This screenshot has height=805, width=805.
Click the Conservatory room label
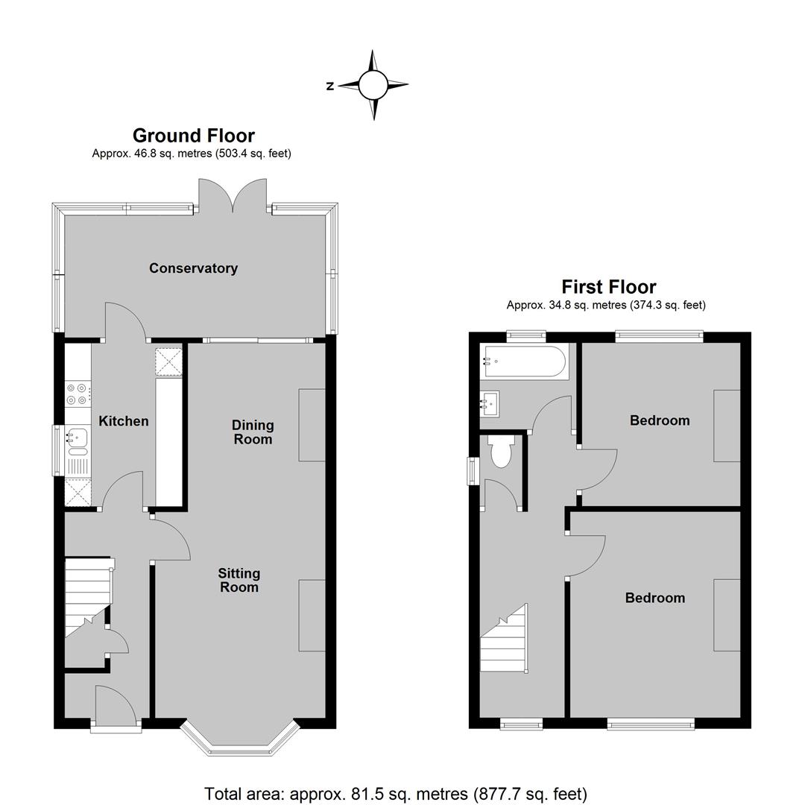coord(193,268)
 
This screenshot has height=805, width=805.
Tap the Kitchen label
coord(123,421)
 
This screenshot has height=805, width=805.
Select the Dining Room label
coord(253,432)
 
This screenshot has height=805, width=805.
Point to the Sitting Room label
coord(239,580)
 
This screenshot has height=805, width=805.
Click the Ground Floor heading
coord(194,136)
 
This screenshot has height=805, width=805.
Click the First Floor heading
coord(609,286)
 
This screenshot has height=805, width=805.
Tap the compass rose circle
coord(373,85)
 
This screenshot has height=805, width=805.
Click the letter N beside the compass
coord(330,86)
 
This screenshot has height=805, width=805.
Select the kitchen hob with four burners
coord(78,394)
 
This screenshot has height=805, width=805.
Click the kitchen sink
coord(77,441)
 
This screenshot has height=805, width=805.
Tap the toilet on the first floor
coord(502,451)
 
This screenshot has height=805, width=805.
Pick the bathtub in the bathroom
coord(524,362)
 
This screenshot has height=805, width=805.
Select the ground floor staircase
coord(88,598)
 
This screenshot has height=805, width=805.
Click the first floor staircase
coord(505,638)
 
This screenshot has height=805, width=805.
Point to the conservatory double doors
coord(233,195)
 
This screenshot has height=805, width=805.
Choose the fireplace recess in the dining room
coord(312,425)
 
